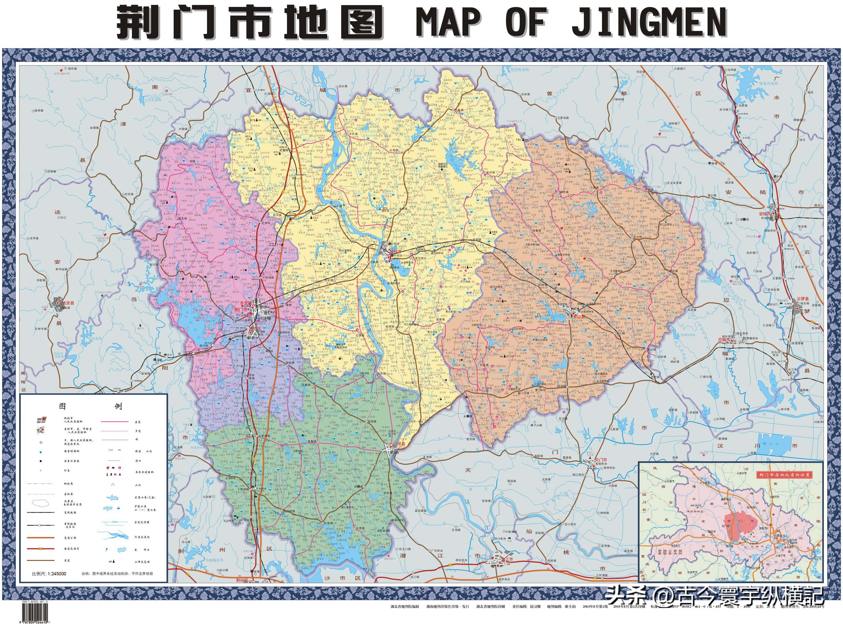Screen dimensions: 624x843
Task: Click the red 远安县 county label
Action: click(68, 303)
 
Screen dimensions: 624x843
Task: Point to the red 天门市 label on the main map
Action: click(600, 460)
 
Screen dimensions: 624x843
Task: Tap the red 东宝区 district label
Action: click(245, 303)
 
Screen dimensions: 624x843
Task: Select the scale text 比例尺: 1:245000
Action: click(49, 574)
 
